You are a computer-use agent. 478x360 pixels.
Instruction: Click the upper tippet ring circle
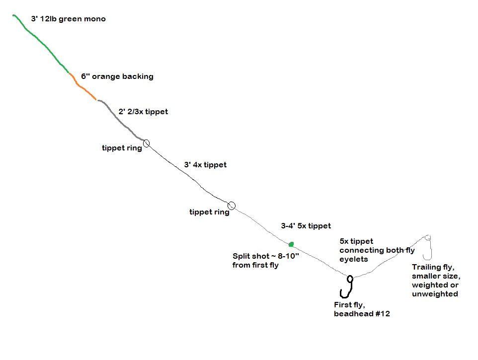point(146,144)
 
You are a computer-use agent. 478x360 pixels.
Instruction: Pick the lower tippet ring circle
point(231,206)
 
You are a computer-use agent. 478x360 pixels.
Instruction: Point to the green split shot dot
point(291,244)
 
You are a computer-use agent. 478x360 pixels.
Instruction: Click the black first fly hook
point(347,287)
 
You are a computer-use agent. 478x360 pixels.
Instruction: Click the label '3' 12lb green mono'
point(68,19)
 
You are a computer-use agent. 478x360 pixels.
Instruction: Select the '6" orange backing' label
point(117,76)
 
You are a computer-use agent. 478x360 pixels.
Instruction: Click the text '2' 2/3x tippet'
point(143,112)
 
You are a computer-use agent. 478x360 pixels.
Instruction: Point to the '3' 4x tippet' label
point(205,164)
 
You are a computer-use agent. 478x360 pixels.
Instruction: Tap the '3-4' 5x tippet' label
point(306,226)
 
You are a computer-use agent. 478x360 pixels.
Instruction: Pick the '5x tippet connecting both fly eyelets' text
point(377,250)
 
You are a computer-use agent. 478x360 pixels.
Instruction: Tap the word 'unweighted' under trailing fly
point(435,294)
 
